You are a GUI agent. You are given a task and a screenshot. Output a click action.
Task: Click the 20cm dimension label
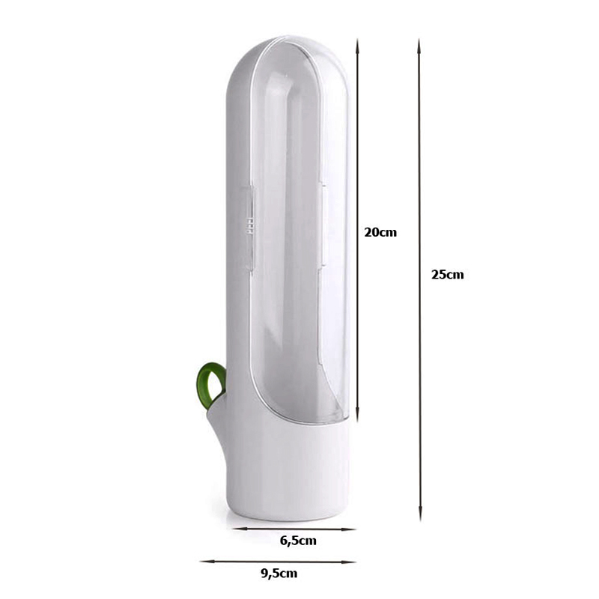pos(380,232)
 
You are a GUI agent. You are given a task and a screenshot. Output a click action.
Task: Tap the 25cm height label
pos(447,275)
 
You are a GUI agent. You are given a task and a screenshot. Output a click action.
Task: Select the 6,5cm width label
pos(298,541)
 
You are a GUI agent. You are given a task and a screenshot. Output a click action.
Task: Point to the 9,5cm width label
pos(279,574)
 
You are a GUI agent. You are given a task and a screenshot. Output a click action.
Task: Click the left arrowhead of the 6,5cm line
pos(237,529)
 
